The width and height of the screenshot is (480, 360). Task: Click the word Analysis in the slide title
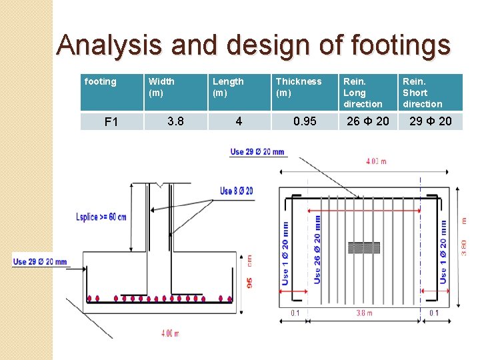pyautogui.click(x=109, y=45)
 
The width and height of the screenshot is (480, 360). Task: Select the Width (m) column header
pyautogui.click(x=161, y=87)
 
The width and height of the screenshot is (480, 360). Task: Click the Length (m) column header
pyautogui.click(x=228, y=87)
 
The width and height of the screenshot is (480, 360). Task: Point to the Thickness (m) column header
pyautogui.click(x=299, y=87)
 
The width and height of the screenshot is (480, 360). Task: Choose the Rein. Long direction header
pyautogui.click(x=363, y=93)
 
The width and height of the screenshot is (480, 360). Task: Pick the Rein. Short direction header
pyautogui.click(x=423, y=93)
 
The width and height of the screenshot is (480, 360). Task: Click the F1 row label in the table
pyautogui.click(x=111, y=122)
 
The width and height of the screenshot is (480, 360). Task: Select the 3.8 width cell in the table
pyautogui.click(x=176, y=121)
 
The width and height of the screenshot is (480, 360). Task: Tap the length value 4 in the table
pyautogui.click(x=239, y=121)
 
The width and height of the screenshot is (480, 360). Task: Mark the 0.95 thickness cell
pyautogui.click(x=305, y=121)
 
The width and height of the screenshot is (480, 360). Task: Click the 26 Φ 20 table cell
pyautogui.click(x=368, y=121)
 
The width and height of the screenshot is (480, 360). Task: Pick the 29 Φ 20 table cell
pyautogui.click(x=431, y=121)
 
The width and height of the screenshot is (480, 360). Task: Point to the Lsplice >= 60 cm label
pyautogui.click(x=101, y=217)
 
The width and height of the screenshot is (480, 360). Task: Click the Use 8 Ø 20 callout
pyautogui.click(x=237, y=191)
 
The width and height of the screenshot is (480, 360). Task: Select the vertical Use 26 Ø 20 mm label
pyautogui.click(x=317, y=249)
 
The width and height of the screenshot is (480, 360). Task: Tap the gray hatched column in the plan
pyautogui.click(x=364, y=248)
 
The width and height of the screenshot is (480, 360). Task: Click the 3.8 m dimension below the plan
pyautogui.click(x=364, y=313)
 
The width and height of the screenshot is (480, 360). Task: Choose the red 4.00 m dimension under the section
pyautogui.click(x=170, y=333)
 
